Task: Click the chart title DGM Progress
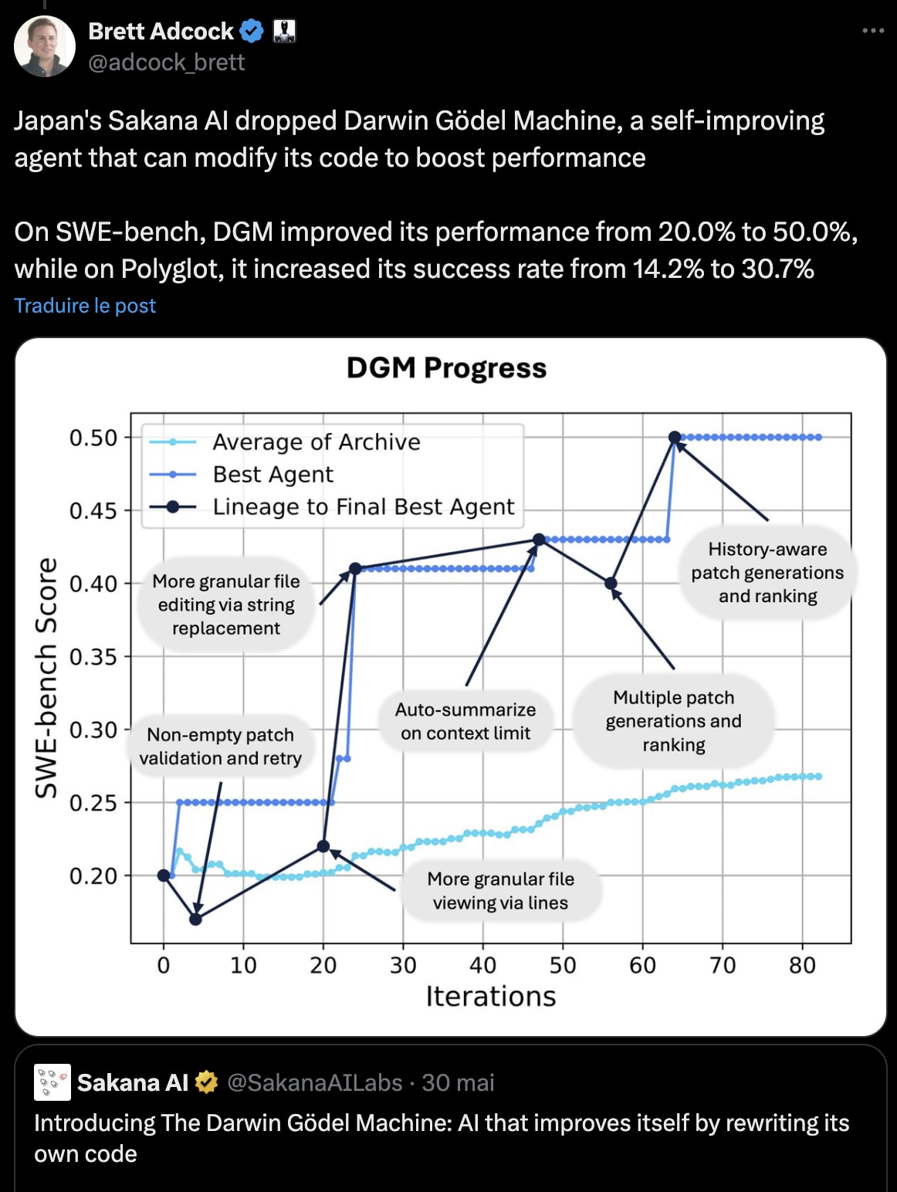click(446, 368)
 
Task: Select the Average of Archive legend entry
click(316, 442)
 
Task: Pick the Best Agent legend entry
click(272, 474)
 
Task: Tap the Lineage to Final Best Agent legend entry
click(363, 506)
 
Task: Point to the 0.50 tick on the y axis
click(93, 438)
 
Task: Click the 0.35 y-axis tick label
click(93, 657)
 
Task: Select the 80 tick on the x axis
click(802, 965)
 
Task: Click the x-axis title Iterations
click(491, 997)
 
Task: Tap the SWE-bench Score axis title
click(47, 677)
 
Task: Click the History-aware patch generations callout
click(767, 573)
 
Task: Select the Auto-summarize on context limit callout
click(465, 721)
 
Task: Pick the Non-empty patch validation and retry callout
click(221, 747)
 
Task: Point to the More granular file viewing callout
click(500, 891)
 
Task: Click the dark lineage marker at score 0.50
click(675, 438)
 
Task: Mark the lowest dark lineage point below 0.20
click(195, 919)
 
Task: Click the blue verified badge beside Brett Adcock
click(252, 31)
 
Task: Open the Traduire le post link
click(85, 306)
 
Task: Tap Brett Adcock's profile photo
click(45, 46)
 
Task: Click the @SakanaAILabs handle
click(315, 1083)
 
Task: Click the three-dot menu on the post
click(872, 31)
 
